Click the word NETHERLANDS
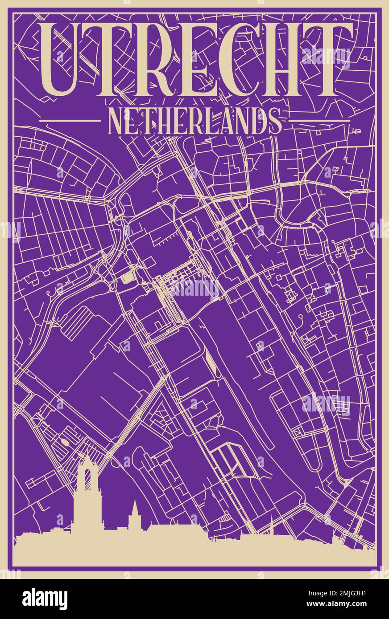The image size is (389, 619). coord(194,120)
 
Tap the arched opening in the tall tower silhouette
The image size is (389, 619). coord(87,479)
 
